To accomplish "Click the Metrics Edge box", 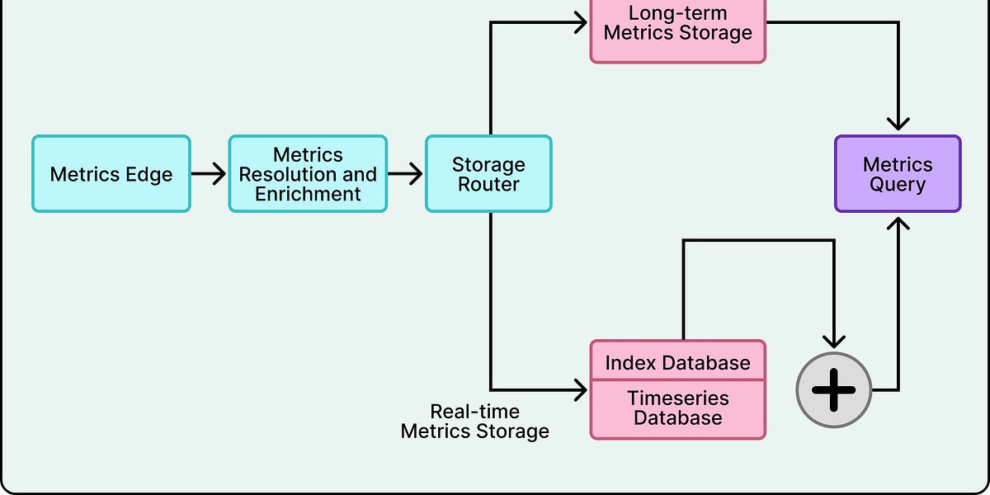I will (111, 174).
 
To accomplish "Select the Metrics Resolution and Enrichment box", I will (308, 174).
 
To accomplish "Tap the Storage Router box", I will (488, 174).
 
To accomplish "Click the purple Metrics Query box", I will (898, 174).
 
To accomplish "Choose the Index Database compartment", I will (678, 362).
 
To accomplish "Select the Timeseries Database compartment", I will (678, 408).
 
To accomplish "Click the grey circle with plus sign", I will (834, 390).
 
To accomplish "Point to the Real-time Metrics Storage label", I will (475, 421).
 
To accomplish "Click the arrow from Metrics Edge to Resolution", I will (209, 174).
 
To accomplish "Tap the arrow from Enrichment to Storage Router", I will (405, 174).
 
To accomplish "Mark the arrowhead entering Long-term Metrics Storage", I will (581, 23).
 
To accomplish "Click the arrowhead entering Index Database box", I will (581, 389).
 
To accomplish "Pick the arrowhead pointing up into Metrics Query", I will (898, 223).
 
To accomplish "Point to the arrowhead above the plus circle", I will (834, 340).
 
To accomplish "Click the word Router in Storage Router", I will (488, 185).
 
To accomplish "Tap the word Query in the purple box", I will (898, 185).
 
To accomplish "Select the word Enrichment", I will (308, 195).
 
